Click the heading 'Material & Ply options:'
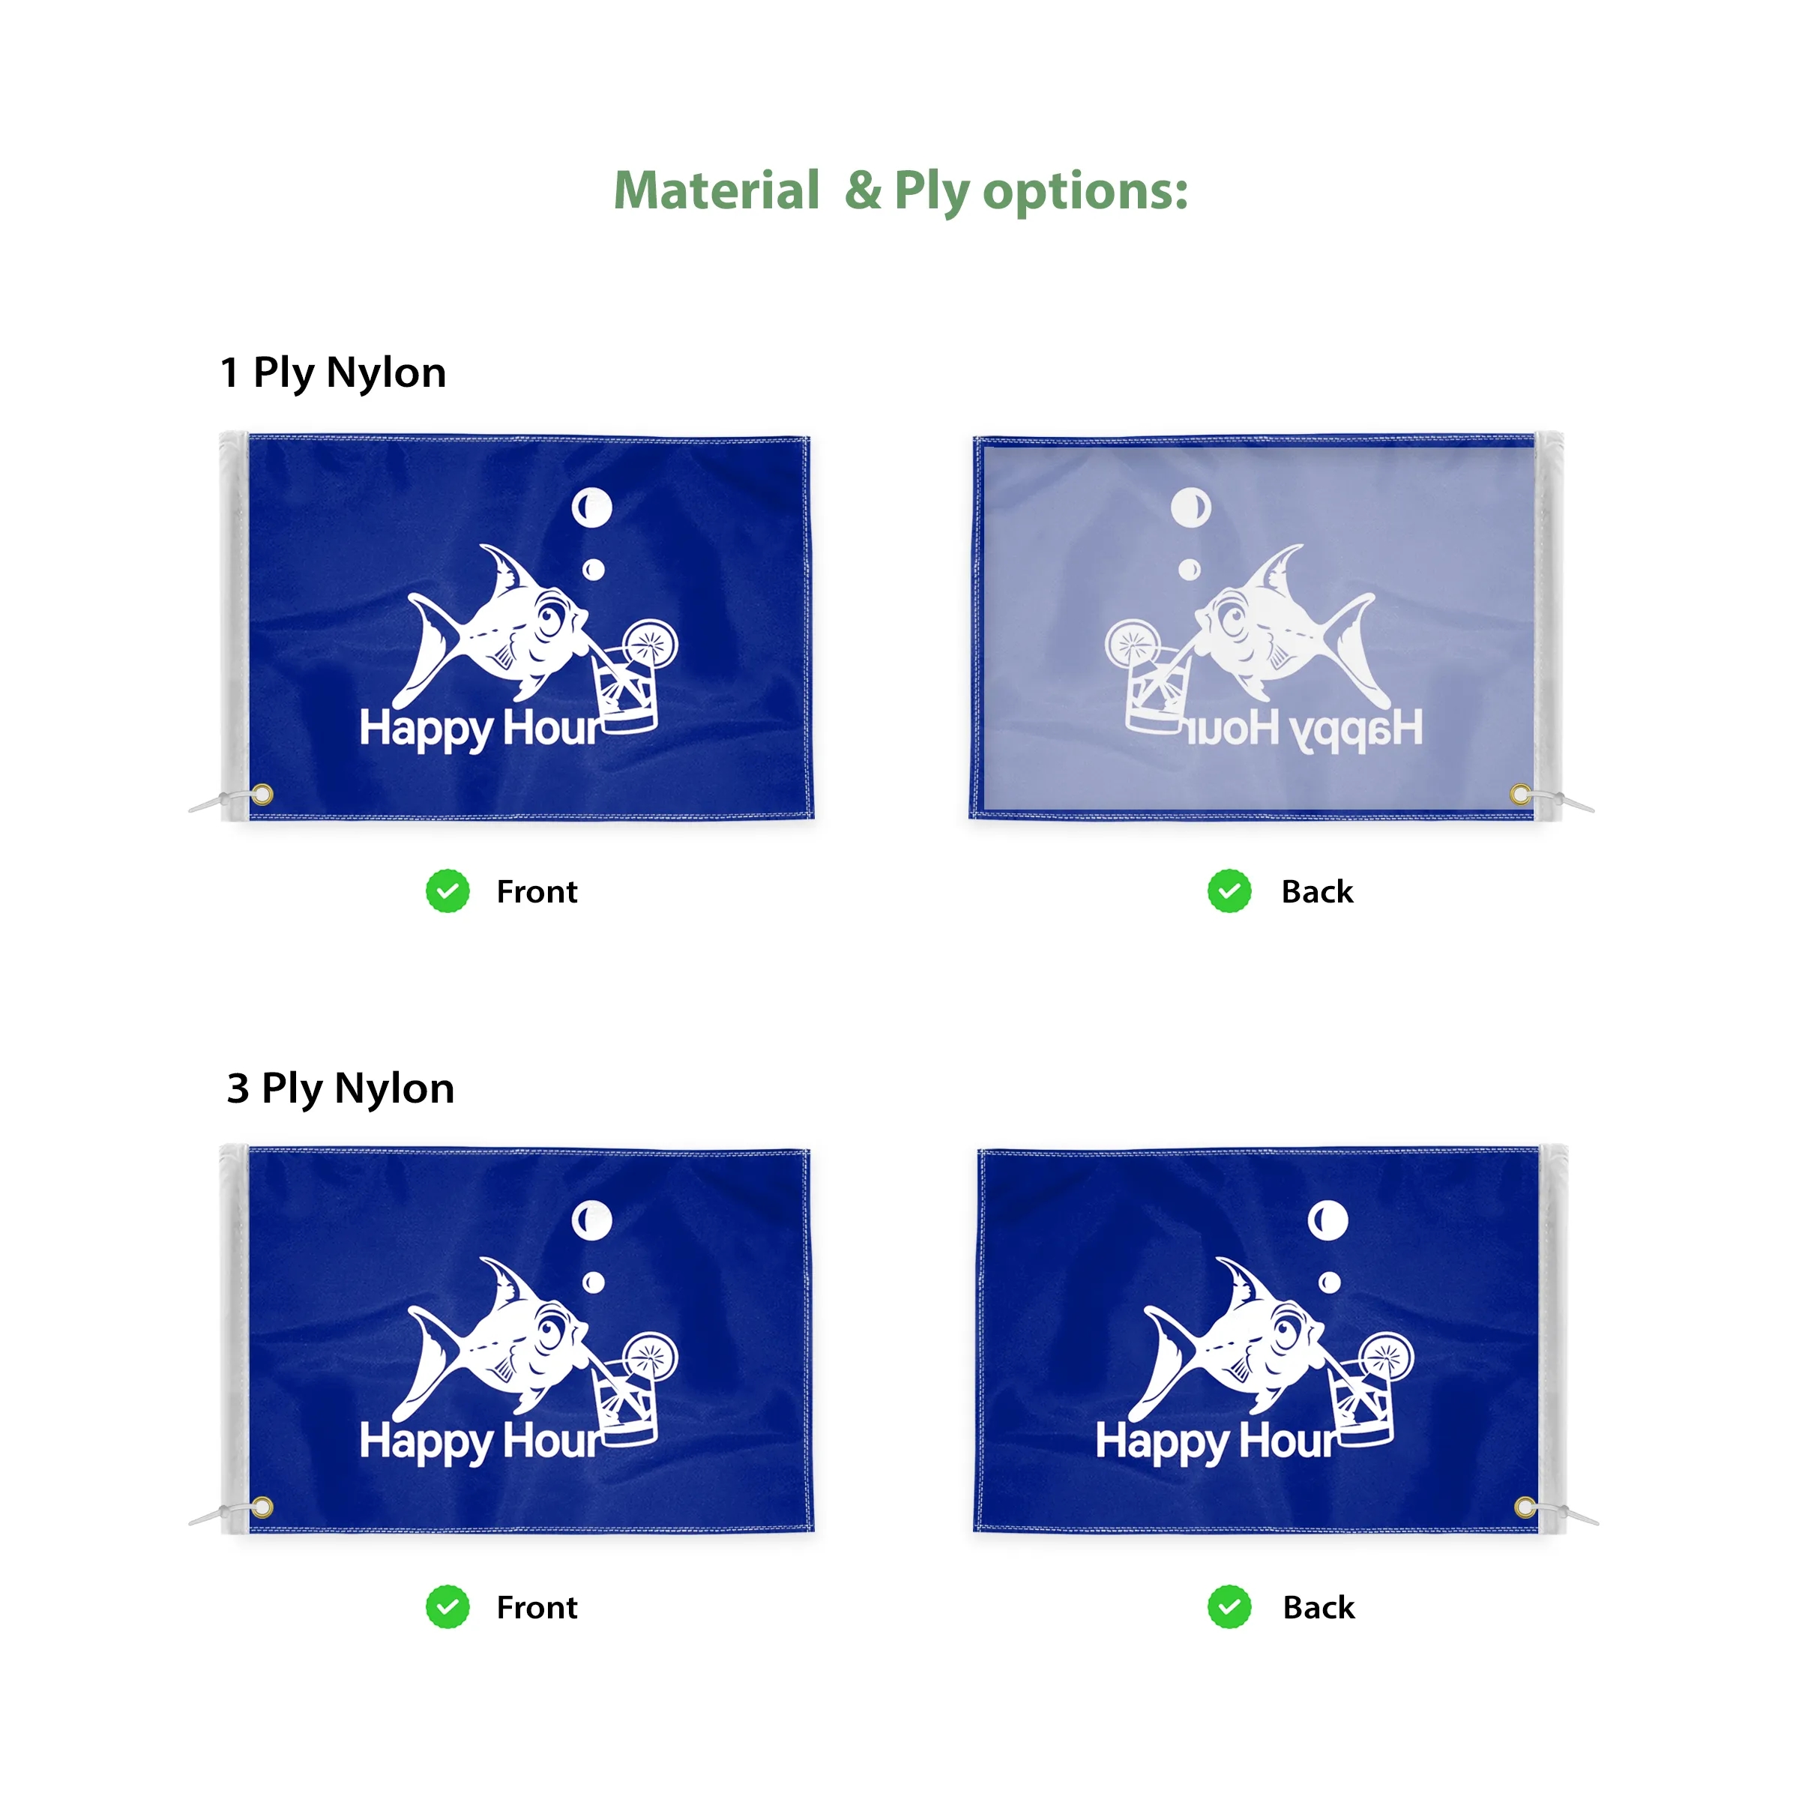900,191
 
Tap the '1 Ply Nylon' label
334,373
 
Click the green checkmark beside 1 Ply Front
448,891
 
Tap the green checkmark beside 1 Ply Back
1229,891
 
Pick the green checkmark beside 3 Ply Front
448,1606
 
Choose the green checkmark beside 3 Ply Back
1229,1606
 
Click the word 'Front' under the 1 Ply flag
537,892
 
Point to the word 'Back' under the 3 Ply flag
1319,1607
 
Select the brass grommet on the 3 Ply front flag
262,1507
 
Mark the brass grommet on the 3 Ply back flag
1525,1507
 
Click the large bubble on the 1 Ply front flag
592,507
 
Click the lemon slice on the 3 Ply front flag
650,1358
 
